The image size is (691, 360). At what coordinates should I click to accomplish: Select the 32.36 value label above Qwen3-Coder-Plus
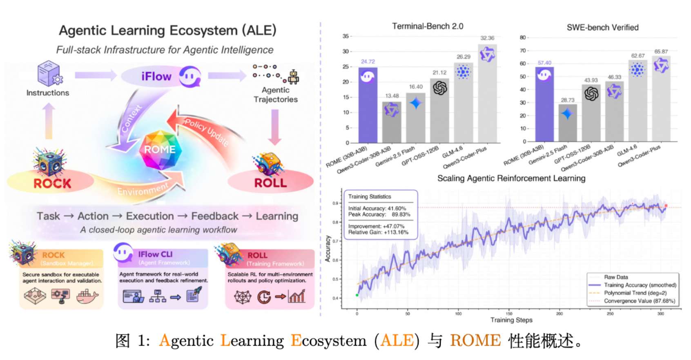coord(487,38)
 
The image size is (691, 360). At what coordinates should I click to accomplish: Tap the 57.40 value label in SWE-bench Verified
coord(544,63)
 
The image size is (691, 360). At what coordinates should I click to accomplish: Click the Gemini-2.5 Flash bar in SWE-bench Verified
coord(568,123)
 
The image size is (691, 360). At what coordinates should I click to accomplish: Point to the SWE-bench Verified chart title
coord(602,27)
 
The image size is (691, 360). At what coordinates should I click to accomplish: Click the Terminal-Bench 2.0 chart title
coord(428,26)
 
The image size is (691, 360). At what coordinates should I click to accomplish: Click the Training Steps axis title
coord(511,320)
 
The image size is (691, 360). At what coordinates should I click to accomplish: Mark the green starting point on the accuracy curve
coord(357,295)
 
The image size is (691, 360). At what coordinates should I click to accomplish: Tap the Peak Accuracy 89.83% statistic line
coord(379,214)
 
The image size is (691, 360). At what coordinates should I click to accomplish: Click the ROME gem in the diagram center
coord(160,149)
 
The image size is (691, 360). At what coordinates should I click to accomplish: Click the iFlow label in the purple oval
coord(156,76)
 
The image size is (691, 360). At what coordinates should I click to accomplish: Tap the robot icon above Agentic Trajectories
coord(293,77)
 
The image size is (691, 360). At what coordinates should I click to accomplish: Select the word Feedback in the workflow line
coord(215,216)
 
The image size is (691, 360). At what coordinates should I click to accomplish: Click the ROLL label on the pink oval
coord(270,182)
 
